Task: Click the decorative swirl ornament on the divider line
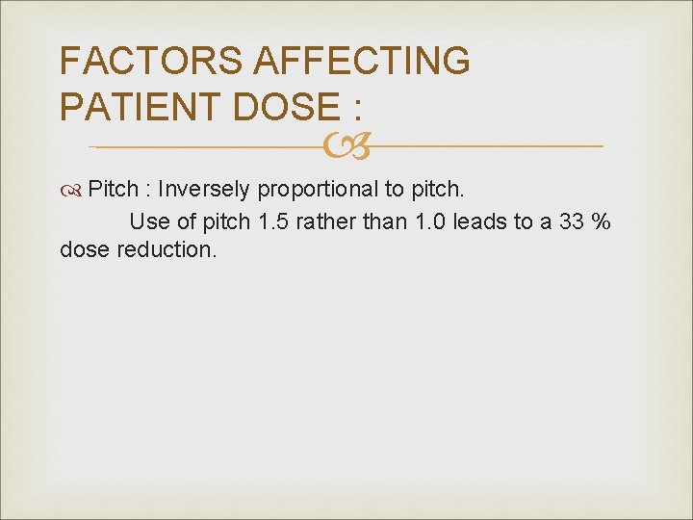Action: click(346, 146)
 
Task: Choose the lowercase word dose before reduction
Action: click(84, 250)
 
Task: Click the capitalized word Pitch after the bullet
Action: click(113, 187)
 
